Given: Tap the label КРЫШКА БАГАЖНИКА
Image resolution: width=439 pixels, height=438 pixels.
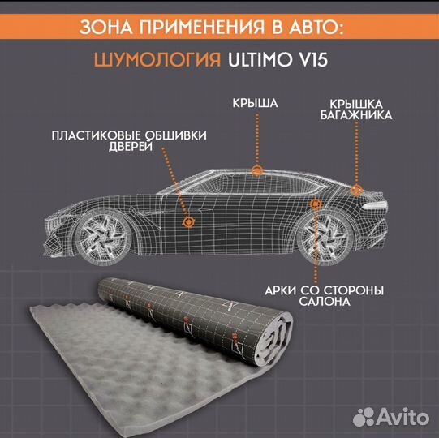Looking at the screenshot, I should [361, 109].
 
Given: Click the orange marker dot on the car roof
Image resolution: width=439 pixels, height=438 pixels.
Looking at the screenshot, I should [257, 170].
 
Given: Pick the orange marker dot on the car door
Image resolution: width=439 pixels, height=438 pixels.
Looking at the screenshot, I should [188, 221].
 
